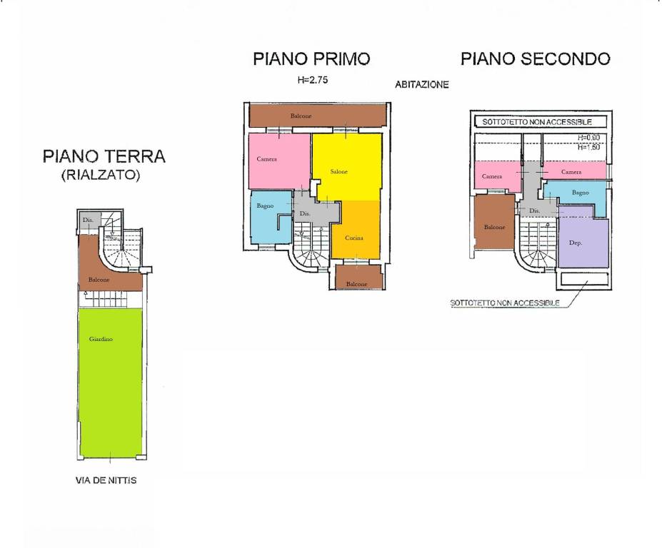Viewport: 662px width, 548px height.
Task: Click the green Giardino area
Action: click(x=111, y=382)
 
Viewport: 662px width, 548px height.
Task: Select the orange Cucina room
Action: click(x=356, y=229)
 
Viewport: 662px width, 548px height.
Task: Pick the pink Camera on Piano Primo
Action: click(x=279, y=161)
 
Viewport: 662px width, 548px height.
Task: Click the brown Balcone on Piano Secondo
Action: click(x=494, y=222)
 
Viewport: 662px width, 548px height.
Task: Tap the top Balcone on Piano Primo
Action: click(x=318, y=116)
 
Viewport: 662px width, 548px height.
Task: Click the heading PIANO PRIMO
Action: click(x=311, y=59)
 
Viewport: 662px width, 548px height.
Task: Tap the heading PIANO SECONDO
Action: click(x=536, y=59)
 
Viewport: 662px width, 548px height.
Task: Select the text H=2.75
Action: click(x=312, y=80)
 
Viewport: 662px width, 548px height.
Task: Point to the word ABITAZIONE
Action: click(x=422, y=84)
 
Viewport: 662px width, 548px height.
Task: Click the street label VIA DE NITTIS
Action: click(x=106, y=480)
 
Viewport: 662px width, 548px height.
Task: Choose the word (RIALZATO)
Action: click(x=101, y=175)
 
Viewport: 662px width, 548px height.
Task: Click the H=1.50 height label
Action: click(x=588, y=147)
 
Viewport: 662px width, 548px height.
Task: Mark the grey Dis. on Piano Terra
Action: click(x=89, y=220)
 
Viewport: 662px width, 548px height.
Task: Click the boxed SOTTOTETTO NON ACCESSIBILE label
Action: click(x=536, y=122)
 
